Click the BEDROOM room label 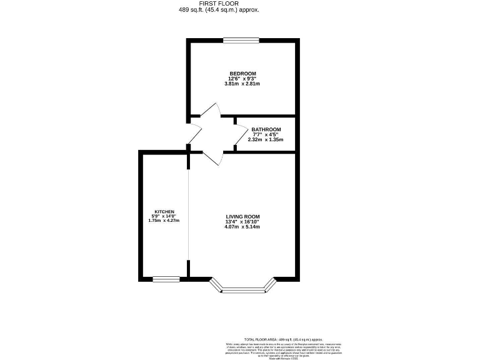tap(243, 74)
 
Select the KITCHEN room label tap(164, 211)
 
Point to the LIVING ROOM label tap(242, 216)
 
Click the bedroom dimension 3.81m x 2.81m tap(243, 84)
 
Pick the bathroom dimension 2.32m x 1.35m tap(266, 139)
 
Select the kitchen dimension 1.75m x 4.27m tap(164, 221)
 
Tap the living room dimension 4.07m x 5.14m tap(242, 226)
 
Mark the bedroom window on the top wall tap(241, 41)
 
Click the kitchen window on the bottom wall tap(166, 279)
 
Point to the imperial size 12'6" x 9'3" tap(243, 79)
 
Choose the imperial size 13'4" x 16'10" tap(242, 221)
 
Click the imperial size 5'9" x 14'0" tap(164, 216)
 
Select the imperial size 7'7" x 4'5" tap(265, 134)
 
